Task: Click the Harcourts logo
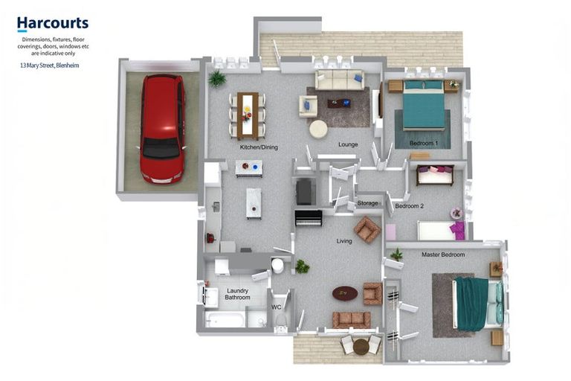pos(53,24)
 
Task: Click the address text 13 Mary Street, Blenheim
pos(50,65)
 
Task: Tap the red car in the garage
pos(162,128)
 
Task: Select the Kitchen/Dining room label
pos(259,147)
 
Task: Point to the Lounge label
pos(348,144)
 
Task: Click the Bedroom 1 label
pos(424,144)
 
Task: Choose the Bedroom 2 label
pos(410,206)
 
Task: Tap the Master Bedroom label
pos(443,254)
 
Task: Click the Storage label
pos(367,203)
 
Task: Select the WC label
pos(277,307)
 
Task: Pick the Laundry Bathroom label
pos(237,294)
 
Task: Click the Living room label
pos(344,241)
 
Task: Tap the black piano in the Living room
pos(309,218)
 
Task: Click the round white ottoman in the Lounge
pos(318,129)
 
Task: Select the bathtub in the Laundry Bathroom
pos(225,320)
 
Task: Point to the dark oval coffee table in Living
pos(345,292)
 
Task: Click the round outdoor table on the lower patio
pos(361,347)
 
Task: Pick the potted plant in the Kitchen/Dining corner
pos(217,78)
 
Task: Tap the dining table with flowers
pos(248,116)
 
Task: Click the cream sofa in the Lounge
pos(339,80)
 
